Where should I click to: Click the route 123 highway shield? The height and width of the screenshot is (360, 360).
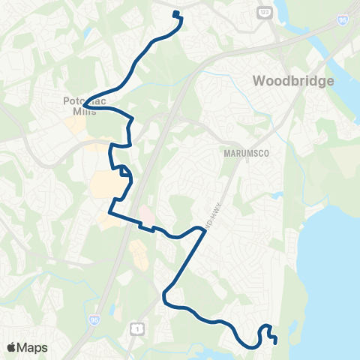coord(264,13)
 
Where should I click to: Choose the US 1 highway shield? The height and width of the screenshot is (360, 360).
coord(136,328)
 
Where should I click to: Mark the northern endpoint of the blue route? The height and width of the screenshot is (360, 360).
coord(175,13)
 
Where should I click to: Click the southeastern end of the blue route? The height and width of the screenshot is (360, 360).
coord(276,342)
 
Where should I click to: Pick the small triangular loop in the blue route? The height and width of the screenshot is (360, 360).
coord(125,175)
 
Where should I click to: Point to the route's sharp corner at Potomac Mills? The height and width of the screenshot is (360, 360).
coord(85,104)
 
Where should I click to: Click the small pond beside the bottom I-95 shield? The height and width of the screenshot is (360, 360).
coord(111,311)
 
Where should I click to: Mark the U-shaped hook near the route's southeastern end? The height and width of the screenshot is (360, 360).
coord(265,330)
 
